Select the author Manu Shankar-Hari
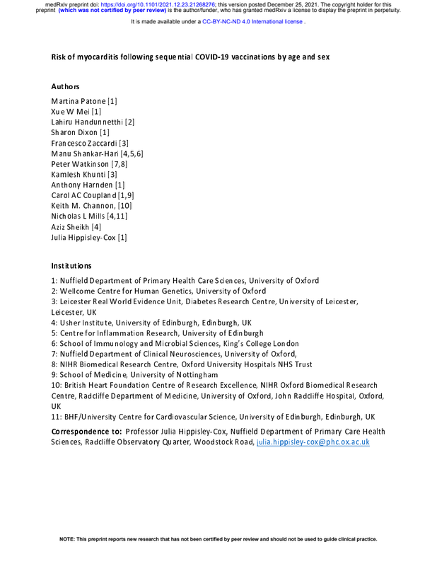tap(86, 155)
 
